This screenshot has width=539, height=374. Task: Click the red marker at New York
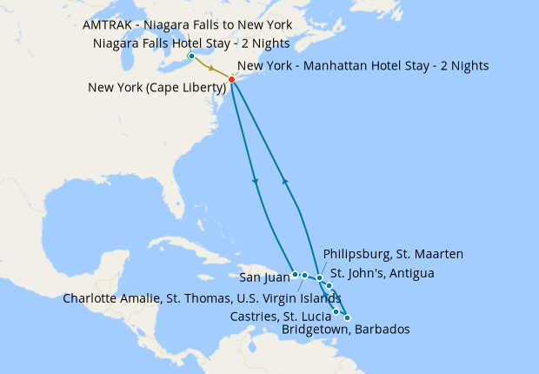pos(231,79)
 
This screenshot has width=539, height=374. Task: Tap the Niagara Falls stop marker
pos(190,57)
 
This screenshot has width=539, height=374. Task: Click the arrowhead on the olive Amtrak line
pos(210,67)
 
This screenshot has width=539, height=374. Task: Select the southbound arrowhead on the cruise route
pos(256,181)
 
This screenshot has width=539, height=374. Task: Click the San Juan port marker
pos(296,274)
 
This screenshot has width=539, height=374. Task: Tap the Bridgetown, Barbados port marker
pos(347,317)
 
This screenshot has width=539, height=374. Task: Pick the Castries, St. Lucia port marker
pos(336,311)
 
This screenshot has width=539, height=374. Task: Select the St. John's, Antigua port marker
pos(329,285)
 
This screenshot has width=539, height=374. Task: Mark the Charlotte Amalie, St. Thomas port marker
pos(305,276)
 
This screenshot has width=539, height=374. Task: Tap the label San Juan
pos(263,278)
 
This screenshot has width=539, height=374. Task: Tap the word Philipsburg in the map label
pos(356,254)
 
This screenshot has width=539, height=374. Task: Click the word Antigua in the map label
pos(406,274)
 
